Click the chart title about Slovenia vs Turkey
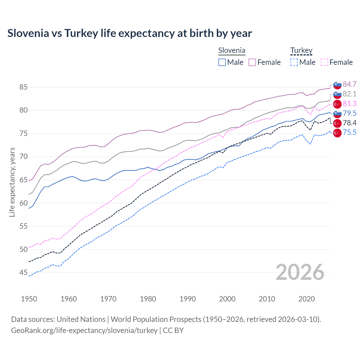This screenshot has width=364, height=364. (129, 33)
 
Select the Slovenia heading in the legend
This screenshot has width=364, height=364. (231, 51)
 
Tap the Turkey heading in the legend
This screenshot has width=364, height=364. (301, 51)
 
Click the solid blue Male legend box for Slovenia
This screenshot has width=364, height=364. (222, 62)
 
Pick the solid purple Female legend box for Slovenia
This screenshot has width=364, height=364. (252, 62)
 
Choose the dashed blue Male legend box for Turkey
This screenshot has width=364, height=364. (294, 62)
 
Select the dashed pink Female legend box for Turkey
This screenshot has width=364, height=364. (324, 62)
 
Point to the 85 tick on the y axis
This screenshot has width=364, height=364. (23, 87)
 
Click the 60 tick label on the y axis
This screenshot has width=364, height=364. (23, 203)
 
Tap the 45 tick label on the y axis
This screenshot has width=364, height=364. (23, 273)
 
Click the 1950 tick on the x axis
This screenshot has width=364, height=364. (29, 299)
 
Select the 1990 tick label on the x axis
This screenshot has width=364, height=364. (188, 299)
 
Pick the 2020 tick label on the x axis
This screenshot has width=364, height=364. (307, 299)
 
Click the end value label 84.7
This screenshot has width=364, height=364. (349, 84)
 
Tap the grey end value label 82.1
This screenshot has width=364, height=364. (349, 94)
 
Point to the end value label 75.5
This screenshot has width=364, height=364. (349, 133)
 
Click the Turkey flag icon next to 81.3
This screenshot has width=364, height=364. (337, 104)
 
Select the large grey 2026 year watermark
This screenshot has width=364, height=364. (300, 272)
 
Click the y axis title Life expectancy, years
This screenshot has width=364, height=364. (12, 182)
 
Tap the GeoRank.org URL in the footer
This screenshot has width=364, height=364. (84, 330)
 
